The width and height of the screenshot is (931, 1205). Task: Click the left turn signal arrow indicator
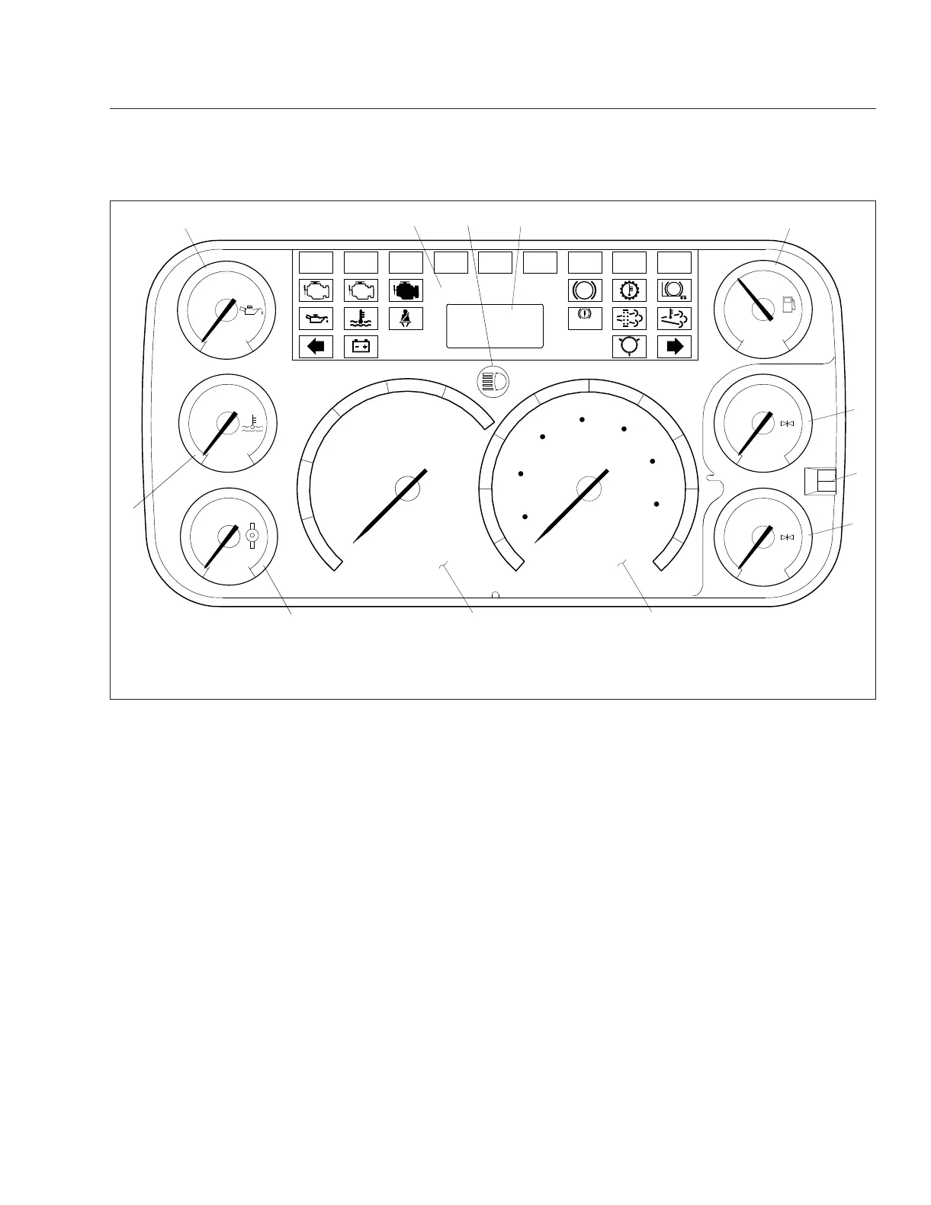316,347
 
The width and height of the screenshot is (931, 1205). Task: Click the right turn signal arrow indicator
674,347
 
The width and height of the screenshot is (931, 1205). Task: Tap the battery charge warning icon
361,347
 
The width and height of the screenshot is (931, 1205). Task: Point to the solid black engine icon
406,290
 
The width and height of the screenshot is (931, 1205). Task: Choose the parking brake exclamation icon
585,317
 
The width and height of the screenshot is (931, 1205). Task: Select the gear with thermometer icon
630,290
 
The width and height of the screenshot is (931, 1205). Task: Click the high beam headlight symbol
493,380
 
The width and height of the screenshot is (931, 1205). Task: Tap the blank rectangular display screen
495,325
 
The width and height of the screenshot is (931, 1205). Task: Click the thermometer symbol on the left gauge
252,424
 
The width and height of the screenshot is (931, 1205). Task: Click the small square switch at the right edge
820,481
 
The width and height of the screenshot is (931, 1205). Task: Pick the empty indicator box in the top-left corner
316,263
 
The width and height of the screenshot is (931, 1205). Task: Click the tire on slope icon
674,290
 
